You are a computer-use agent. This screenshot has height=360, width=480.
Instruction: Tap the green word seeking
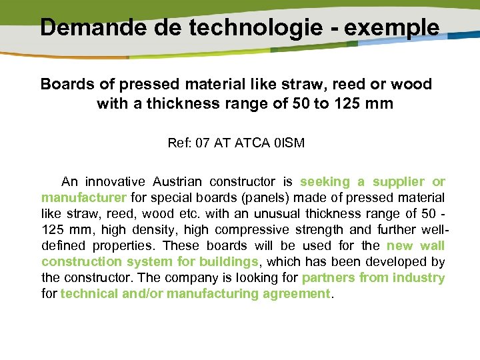click(x=325, y=181)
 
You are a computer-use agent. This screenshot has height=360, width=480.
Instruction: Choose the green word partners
click(x=328, y=277)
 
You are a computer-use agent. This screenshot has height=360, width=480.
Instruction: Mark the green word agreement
click(x=291, y=293)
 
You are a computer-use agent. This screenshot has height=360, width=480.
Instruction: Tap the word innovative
click(x=114, y=181)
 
